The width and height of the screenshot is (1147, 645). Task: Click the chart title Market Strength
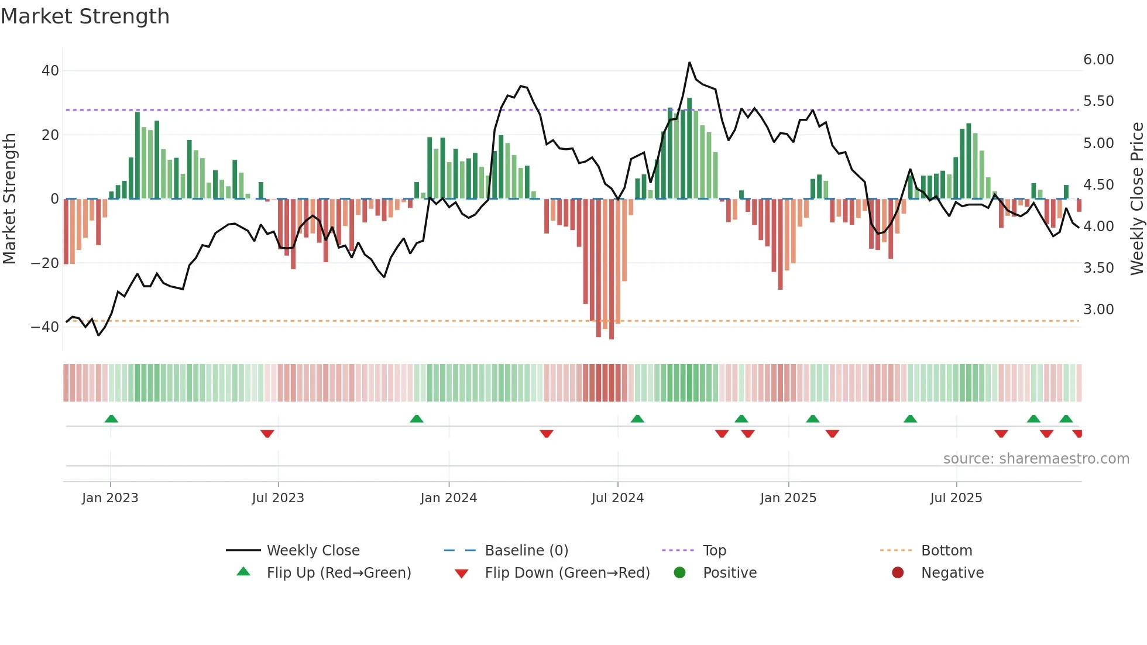(85, 16)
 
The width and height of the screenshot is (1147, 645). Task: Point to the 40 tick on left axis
(50, 71)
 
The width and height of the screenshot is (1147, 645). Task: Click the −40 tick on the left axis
(45, 327)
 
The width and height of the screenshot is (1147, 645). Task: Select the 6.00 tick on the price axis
(1098, 60)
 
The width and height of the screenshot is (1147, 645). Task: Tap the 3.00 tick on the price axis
(1098, 310)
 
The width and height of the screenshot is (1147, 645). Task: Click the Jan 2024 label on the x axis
(448, 498)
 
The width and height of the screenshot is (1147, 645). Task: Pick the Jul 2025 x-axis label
(956, 498)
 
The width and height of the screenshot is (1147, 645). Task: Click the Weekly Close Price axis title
(1136, 198)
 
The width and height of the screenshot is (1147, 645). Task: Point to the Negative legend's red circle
(897, 573)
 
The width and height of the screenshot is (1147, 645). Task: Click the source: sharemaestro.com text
(1036, 459)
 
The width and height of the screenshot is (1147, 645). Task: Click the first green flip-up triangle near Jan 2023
(111, 418)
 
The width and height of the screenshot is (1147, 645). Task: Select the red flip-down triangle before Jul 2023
(267, 434)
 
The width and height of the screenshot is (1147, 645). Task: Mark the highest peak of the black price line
(689, 63)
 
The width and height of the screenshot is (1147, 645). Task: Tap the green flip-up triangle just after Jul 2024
(637, 418)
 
